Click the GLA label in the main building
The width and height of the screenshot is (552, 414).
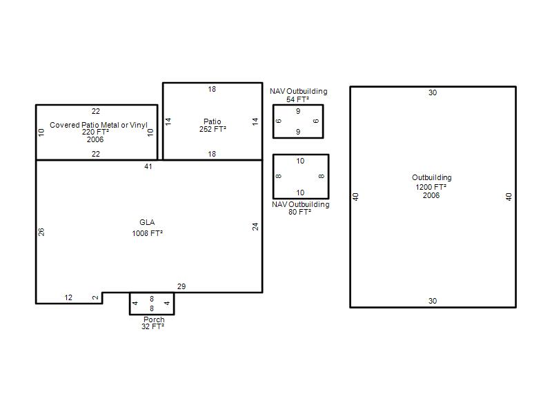[147, 222]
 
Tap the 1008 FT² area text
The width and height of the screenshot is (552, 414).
[147, 233]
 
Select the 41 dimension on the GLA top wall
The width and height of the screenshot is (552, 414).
[148, 166]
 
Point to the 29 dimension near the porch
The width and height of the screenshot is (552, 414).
[181, 286]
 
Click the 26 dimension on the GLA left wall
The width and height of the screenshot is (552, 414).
[41, 232]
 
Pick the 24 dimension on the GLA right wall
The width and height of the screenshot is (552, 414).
[255, 226]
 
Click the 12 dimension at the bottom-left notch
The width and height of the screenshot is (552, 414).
[68, 297]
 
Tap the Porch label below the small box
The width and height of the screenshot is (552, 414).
[154, 319]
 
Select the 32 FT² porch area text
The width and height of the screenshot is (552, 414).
[152, 326]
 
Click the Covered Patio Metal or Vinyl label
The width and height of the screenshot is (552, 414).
[99, 125]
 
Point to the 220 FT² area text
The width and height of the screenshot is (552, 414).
[95, 132]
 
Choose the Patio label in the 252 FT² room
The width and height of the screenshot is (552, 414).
[213, 121]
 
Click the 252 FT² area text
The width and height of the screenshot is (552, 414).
[213, 129]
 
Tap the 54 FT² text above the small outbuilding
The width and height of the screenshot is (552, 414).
[297, 99]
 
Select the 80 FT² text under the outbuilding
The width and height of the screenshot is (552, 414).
[299, 212]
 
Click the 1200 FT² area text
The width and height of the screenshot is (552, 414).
[431, 187]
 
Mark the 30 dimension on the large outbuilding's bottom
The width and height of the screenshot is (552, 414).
[433, 301]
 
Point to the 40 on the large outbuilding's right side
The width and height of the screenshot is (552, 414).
[509, 197]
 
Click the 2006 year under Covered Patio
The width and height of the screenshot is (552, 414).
[95, 139]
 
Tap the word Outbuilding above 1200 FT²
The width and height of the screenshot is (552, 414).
[432, 177]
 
